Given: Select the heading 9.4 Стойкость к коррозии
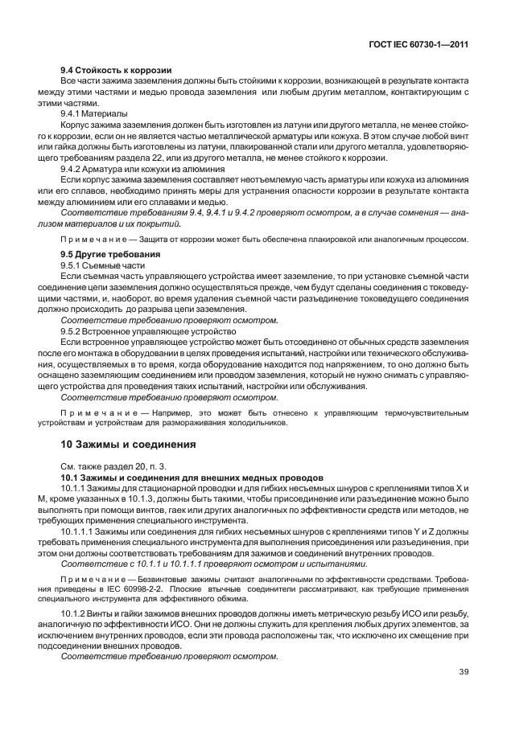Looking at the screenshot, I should point(116,71).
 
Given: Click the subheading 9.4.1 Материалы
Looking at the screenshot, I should point(94,113).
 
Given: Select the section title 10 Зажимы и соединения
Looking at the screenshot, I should point(127,444).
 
